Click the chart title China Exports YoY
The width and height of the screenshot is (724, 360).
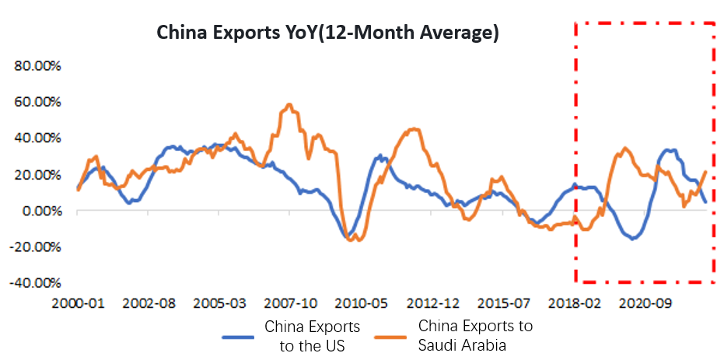(327, 33)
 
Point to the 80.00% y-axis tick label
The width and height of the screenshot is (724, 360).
(38, 66)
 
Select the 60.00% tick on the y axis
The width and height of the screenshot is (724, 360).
(38, 102)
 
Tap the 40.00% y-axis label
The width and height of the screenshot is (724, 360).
(38, 138)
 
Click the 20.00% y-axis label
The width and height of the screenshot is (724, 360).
(38, 174)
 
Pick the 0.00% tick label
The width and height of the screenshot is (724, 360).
(41, 211)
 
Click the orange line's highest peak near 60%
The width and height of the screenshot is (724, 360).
(289, 104)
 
